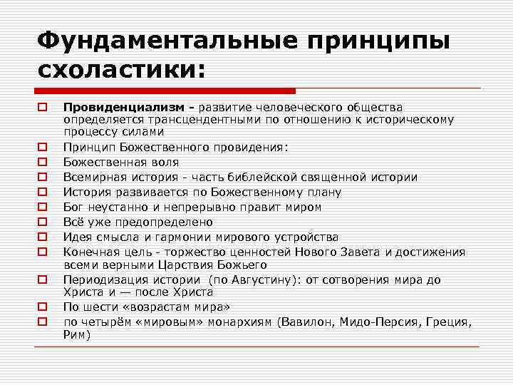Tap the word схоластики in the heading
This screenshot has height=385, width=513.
pos(116,70)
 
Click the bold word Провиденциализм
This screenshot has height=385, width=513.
pos(128,108)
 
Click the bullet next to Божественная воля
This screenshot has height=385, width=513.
pos(43,162)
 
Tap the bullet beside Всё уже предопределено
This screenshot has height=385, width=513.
pos(43,222)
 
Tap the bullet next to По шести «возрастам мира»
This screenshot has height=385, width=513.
pos(43,307)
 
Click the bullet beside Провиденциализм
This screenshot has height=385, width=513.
pos(43,108)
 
